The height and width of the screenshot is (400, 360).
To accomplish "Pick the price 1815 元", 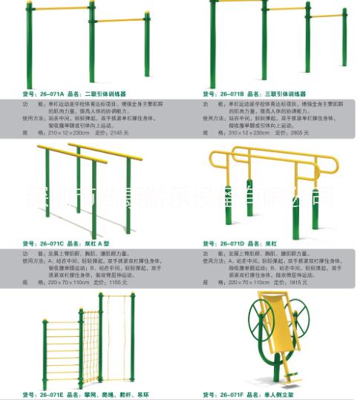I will tap(301, 283).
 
